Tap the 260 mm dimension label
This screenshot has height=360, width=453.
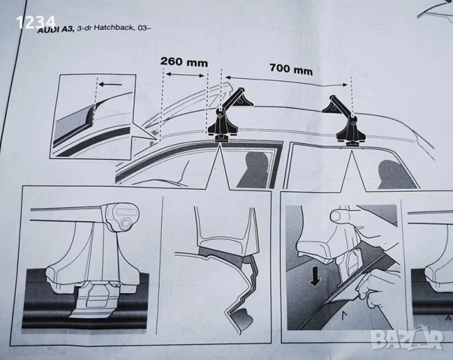(183, 62)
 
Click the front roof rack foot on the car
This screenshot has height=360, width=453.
(223, 123)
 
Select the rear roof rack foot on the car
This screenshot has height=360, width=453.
(346, 123)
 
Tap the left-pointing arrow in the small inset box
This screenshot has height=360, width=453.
(109, 85)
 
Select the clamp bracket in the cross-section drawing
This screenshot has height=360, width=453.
(241, 285)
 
